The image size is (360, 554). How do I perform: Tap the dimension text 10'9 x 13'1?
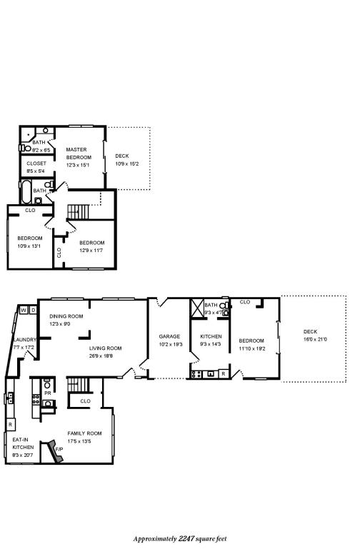tap(29, 246)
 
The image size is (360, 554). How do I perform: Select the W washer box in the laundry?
tap(24, 310)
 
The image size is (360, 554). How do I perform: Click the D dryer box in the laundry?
tap(33, 310)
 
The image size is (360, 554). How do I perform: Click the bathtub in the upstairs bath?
tap(25, 192)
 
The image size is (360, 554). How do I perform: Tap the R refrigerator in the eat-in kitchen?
tap(11, 424)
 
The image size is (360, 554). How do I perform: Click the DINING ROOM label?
tap(66, 316)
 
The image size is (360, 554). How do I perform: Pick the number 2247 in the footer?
tap(188, 539)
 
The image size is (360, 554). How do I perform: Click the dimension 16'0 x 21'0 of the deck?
tap(314, 339)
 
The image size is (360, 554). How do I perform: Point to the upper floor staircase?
tap(79, 211)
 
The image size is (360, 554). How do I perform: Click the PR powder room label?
tap(47, 393)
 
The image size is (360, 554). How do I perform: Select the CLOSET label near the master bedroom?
tap(36, 163)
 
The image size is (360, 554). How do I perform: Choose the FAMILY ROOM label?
tap(84, 433)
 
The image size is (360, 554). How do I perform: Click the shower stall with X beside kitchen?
tap(198, 308)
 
